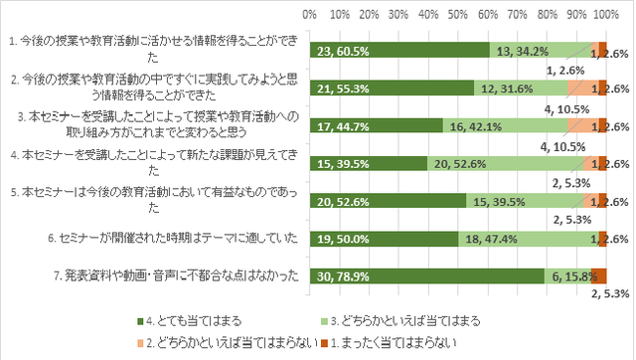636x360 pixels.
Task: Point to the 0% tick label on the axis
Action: point(309,15)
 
